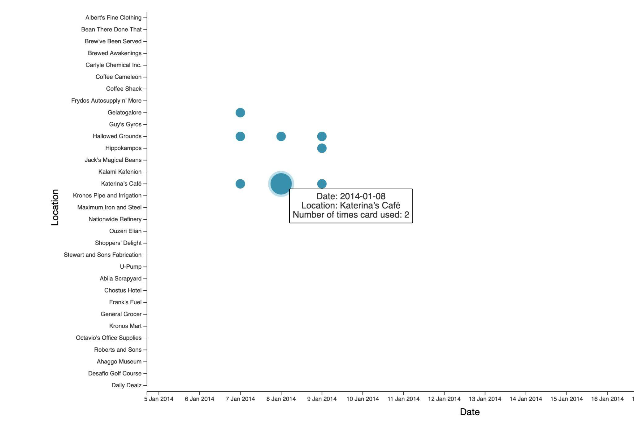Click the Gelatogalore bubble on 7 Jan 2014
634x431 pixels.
(x=240, y=112)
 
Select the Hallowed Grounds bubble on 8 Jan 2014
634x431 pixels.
(x=281, y=136)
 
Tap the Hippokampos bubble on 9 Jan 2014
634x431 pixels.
(x=322, y=148)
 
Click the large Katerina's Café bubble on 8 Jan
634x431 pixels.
(x=281, y=184)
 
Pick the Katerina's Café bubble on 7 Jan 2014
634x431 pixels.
(x=240, y=184)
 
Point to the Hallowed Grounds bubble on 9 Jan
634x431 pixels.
(x=322, y=136)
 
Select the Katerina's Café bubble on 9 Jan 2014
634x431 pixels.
(x=322, y=184)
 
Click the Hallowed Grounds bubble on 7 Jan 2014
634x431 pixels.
(x=240, y=136)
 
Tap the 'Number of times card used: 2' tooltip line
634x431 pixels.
(x=351, y=215)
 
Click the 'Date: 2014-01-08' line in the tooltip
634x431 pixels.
(x=351, y=196)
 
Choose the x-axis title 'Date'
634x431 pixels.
(x=470, y=412)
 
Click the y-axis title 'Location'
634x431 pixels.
(x=55, y=207)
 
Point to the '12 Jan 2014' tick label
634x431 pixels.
(x=444, y=399)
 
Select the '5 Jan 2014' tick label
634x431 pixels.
(x=158, y=399)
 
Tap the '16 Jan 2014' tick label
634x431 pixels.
(x=607, y=399)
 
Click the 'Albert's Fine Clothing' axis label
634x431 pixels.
(x=113, y=18)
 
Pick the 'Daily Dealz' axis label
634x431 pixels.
(x=126, y=385)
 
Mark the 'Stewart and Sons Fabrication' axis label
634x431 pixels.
(x=102, y=255)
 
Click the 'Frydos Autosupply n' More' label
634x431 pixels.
(x=106, y=101)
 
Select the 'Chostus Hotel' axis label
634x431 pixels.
(x=123, y=290)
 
